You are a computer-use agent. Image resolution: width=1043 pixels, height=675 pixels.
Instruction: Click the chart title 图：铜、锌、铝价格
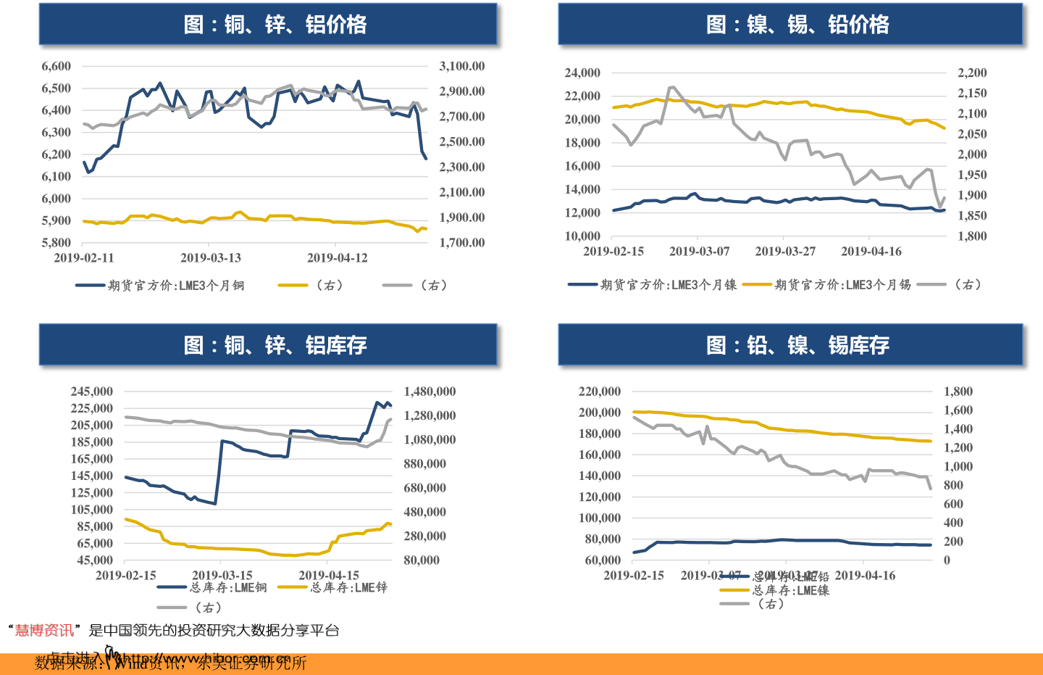coord(275,25)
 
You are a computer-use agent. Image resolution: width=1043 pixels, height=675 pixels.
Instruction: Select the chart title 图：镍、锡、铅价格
coord(797,25)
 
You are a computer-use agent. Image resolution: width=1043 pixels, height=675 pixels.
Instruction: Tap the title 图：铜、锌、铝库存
coord(275,345)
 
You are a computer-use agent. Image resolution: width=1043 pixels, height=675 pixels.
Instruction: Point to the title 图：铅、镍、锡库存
coord(797,345)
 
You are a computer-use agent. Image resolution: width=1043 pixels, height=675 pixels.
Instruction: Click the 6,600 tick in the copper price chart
coord(56,66)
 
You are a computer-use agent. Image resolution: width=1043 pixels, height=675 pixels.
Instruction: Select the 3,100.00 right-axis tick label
coord(461,66)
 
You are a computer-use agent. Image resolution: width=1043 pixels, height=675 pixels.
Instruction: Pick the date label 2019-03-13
coord(210,257)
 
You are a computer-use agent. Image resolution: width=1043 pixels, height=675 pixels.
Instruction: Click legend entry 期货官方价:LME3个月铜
coord(176,286)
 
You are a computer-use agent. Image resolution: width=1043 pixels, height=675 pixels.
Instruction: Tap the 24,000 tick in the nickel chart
coord(582,73)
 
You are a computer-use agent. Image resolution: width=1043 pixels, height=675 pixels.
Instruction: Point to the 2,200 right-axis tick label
coord(972,73)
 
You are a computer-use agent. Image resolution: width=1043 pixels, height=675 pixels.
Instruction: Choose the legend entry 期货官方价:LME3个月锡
coord(842,285)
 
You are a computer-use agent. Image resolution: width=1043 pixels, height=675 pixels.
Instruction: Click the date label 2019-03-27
coord(785,251)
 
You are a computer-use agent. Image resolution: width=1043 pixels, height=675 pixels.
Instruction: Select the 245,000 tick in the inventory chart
coord(91,392)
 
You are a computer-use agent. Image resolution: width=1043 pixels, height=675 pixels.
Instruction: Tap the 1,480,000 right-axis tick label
coord(430,392)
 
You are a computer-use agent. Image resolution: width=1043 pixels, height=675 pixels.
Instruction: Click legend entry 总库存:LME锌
coord(348,587)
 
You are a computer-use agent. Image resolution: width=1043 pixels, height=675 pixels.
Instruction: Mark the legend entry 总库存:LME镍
coord(790,591)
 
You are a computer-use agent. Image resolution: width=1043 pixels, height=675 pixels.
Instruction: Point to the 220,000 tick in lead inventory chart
coord(599,392)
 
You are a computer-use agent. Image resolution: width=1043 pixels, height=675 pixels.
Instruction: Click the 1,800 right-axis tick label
coord(958,392)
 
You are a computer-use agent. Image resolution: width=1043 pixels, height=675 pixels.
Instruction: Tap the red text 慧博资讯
coord(44,631)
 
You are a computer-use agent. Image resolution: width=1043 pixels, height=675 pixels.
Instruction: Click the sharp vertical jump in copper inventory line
coord(219,471)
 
